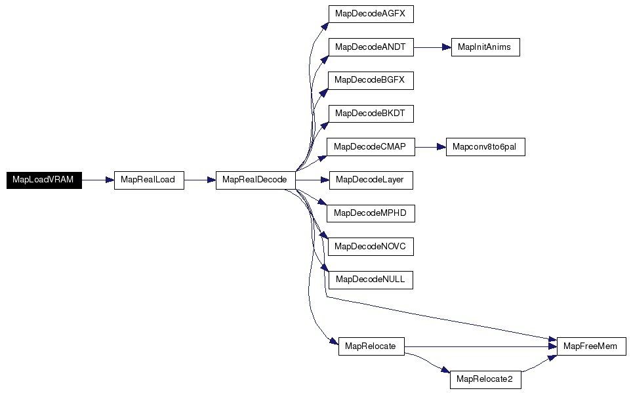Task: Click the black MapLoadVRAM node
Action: [x=44, y=180]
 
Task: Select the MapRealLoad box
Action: [x=149, y=180]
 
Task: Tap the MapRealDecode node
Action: [x=256, y=180]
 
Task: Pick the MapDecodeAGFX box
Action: [x=371, y=14]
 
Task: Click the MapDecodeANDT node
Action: [x=371, y=47]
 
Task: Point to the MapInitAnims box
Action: [x=485, y=47]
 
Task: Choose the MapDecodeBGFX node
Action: [x=371, y=81]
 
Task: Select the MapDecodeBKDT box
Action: [x=371, y=114]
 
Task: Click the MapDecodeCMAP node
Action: [x=371, y=147]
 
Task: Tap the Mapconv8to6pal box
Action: [x=485, y=147]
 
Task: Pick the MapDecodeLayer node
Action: [x=371, y=180]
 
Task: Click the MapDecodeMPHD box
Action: [x=371, y=213]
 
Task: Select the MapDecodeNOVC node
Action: [x=371, y=247]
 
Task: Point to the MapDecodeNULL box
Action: [x=371, y=280]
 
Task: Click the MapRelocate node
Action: [x=371, y=346]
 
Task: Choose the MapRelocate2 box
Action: [x=485, y=380]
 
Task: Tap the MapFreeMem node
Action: [x=592, y=346]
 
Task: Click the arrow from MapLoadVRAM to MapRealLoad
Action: [x=98, y=180]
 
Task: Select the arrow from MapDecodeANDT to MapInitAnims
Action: [x=433, y=47]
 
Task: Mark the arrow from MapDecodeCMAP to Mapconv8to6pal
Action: [x=430, y=147]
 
